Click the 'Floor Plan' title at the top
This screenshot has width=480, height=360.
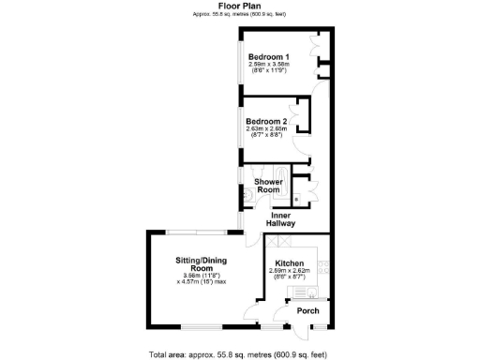pyautogui.click(x=240, y=6)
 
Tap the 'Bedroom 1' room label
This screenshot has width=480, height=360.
pyautogui.click(x=268, y=57)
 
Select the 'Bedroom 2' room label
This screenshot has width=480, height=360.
pyautogui.click(x=266, y=121)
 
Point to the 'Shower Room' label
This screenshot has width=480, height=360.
pyautogui.click(x=268, y=186)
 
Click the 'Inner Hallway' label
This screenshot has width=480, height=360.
pyautogui.click(x=280, y=219)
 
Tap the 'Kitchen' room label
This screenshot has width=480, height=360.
pyautogui.click(x=289, y=263)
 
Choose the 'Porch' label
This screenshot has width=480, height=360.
pyautogui.click(x=307, y=311)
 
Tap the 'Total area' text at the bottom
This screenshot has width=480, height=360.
pyautogui.click(x=240, y=353)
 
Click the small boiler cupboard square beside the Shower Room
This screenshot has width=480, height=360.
pyautogui.click(x=298, y=199)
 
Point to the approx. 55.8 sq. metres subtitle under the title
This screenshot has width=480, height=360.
pyautogui.click(x=240, y=14)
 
